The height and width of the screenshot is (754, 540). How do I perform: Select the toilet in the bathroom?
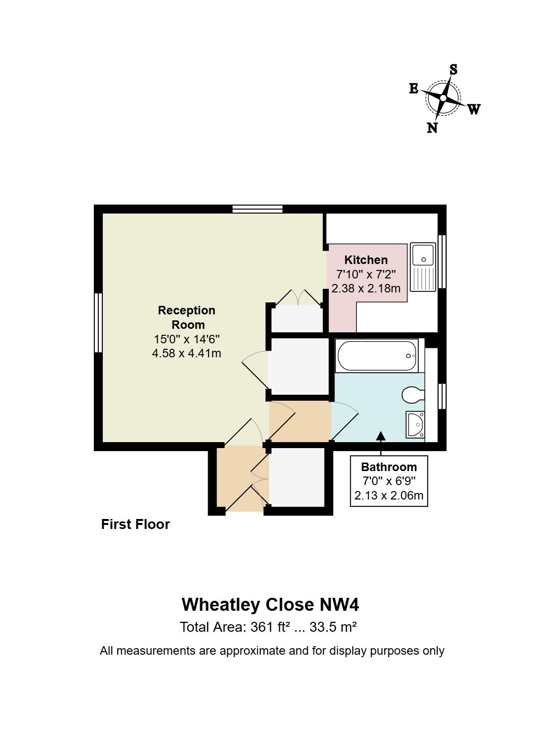tap(412, 395)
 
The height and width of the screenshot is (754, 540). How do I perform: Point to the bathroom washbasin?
tap(415, 425)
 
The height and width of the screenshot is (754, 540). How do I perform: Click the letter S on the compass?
tap(453, 69)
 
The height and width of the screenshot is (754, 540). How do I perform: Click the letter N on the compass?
tap(432, 128)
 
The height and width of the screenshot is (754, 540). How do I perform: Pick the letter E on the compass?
tap(414, 89)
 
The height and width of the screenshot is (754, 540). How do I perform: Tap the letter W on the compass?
tap(474, 109)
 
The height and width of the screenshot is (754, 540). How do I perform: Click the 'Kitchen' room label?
tap(366, 260)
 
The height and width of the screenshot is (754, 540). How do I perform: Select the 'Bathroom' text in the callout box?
tap(389, 467)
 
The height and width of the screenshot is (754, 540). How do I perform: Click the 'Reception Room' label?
tap(187, 317)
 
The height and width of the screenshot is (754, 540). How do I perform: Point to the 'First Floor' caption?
tap(135, 524)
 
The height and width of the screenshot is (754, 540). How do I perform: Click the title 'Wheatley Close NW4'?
tap(270, 604)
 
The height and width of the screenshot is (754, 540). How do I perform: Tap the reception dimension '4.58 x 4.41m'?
tap(187, 353)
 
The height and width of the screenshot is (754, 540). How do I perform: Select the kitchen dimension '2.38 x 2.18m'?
tap(366, 288)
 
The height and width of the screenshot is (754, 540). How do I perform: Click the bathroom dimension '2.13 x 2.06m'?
tap(389, 496)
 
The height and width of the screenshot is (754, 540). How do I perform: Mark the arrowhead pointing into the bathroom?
tap(381, 437)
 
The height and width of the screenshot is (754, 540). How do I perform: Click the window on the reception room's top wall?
tap(258, 209)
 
